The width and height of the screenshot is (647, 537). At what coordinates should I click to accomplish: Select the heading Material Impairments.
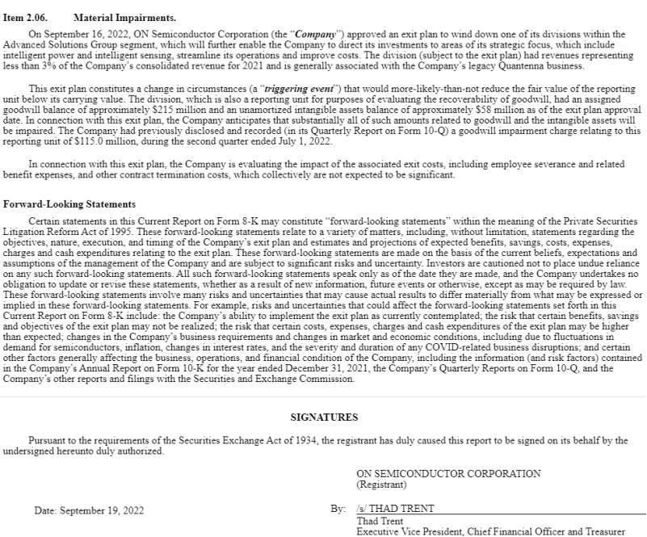124,17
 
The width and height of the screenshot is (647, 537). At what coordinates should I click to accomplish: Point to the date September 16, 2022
78,36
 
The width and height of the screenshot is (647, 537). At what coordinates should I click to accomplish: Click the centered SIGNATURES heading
323,417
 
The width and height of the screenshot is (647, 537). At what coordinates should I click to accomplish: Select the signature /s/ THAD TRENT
395,508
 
